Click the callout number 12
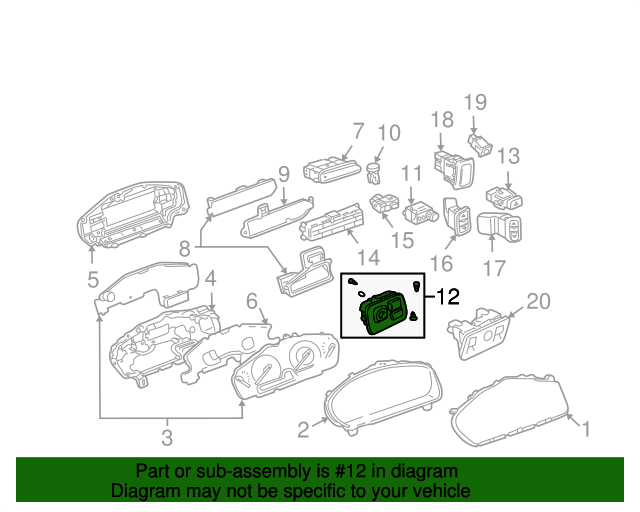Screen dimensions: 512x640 448,296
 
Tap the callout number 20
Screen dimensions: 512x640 538,301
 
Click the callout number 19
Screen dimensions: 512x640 476,101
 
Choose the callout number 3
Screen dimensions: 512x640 167,436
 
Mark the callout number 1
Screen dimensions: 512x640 586,430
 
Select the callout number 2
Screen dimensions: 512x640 303,430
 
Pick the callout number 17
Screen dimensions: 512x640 494,267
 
